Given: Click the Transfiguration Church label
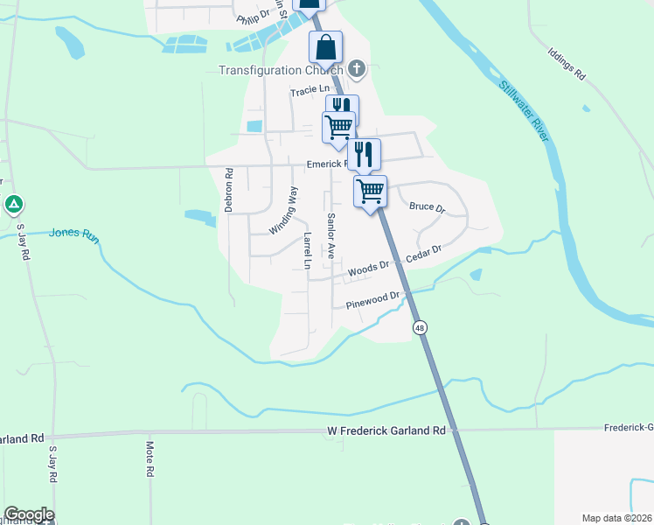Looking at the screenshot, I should pyautogui.click(x=280, y=70).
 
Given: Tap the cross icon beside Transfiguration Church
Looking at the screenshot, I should pyautogui.click(x=356, y=68).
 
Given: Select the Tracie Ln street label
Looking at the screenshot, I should pyautogui.click(x=310, y=90).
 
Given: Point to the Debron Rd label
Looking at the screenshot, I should pyautogui.click(x=229, y=190).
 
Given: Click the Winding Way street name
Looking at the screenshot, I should pyautogui.click(x=283, y=210).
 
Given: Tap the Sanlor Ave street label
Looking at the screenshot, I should pyautogui.click(x=331, y=234).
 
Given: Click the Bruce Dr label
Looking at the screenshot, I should pyautogui.click(x=428, y=208).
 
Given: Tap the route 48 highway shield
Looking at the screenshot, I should pyautogui.click(x=421, y=326).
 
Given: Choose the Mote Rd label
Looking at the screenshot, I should pyautogui.click(x=150, y=459).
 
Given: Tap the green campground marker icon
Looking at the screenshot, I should pyautogui.click(x=14, y=205).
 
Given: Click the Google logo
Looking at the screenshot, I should pyautogui.click(x=28, y=514).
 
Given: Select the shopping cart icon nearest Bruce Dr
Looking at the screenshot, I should pyautogui.click(x=370, y=190).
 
